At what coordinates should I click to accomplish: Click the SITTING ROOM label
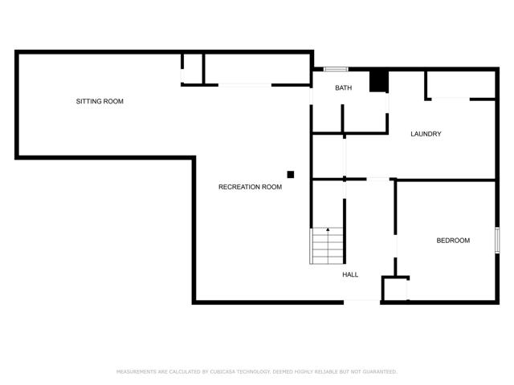point(100,102)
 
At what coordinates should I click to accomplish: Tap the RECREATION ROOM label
point(250,187)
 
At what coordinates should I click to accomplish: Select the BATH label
point(344,87)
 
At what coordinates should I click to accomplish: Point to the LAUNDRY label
point(426,134)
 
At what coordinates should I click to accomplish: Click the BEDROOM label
point(453,241)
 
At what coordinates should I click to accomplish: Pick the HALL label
point(350,274)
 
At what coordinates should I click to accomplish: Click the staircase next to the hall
point(327,246)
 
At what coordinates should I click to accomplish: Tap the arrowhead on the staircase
point(328,229)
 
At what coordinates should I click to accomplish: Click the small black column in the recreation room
point(291,175)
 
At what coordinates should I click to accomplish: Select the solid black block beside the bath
point(379,81)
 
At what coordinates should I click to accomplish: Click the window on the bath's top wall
point(336,69)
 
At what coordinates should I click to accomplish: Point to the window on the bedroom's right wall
point(497,240)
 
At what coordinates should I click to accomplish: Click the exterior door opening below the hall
point(362,302)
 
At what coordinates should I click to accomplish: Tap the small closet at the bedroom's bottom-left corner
point(394,289)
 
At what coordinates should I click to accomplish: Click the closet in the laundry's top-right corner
point(461,84)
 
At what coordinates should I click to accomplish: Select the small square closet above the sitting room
point(193,69)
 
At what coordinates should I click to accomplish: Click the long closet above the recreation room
point(257,69)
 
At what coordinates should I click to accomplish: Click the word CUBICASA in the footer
point(222,371)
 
